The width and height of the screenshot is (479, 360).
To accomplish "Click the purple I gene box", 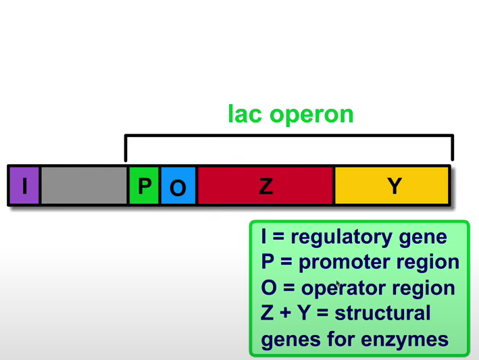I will click(x=24, y=185).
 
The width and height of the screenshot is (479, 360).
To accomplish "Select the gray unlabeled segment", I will click(x=84, y=185).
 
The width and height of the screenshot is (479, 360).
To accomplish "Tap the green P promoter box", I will click(x=144, y=185).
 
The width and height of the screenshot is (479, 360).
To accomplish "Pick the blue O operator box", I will click(x=178, y=185).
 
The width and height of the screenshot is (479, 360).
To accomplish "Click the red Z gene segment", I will click(x=266, y=185).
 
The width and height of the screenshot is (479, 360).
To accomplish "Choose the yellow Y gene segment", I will click(x=392, y=185).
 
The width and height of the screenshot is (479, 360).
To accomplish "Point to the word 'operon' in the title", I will click(x=311, y=115).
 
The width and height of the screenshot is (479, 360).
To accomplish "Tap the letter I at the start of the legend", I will click(x=265, y=237).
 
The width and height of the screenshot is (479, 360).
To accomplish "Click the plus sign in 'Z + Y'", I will click(x=284, y=314).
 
